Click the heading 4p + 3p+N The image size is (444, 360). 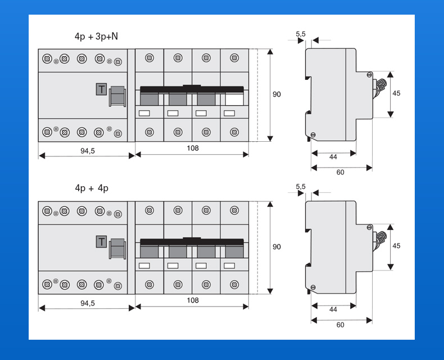click(96, 37)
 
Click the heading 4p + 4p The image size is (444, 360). click(92, 188)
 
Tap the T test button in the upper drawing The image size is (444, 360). click(101, 89)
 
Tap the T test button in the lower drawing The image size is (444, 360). click(101, 242)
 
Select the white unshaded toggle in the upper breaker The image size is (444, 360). click(234, 99)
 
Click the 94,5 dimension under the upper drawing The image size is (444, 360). click(88, 151)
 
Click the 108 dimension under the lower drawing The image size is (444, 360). click(193, 300)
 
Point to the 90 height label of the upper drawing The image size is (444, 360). click(277, 94)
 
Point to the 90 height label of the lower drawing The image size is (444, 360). click(277, 247)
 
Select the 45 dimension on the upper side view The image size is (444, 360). click(396, 93)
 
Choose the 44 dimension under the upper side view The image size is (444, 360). click(333, 157)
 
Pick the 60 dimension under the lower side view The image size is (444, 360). click(341, 325)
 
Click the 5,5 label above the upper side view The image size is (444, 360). click(301, 34)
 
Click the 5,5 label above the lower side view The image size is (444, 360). click(301, 187)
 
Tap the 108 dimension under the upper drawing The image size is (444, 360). click(193, 148)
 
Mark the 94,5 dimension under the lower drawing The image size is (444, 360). click(88, 303)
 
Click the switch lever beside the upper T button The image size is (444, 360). click(117, 96)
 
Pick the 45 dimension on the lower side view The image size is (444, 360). click(396, 246)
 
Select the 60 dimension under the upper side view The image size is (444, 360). click(341, 172)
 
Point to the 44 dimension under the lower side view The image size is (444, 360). click(333, 309)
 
